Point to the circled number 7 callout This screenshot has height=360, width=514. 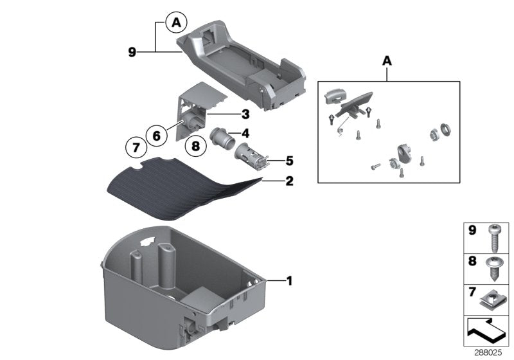pos(135,147)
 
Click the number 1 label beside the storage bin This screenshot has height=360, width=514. pos(289,280)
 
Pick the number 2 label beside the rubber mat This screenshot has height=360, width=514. pos(289,182)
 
